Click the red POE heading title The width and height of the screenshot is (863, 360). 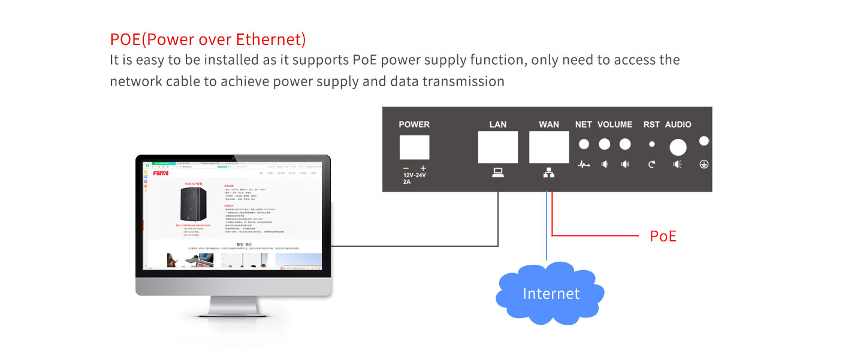tap(208, 40)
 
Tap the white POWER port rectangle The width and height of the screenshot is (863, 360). tap(414, 147)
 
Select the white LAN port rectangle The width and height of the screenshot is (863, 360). tap(497, 147)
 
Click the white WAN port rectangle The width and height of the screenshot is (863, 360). tap(548, 147)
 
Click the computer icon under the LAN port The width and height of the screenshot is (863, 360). tap(497, 173)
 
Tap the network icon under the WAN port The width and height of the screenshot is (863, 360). tap(548, 173)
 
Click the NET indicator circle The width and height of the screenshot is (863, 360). tap(583, 144)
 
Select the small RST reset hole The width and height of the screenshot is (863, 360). tap(651, 144)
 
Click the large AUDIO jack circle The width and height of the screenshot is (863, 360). tap(678, 147)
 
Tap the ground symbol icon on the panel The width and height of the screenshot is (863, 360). tap(704, 164)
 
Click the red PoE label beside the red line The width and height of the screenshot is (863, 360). tap(663, 237)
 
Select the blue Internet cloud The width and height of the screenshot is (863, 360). tap(550, 292)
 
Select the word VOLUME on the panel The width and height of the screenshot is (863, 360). tap(614, 125)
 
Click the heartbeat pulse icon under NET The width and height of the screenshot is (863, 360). tap(584, 164)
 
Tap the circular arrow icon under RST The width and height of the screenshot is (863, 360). tap(651, 164)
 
